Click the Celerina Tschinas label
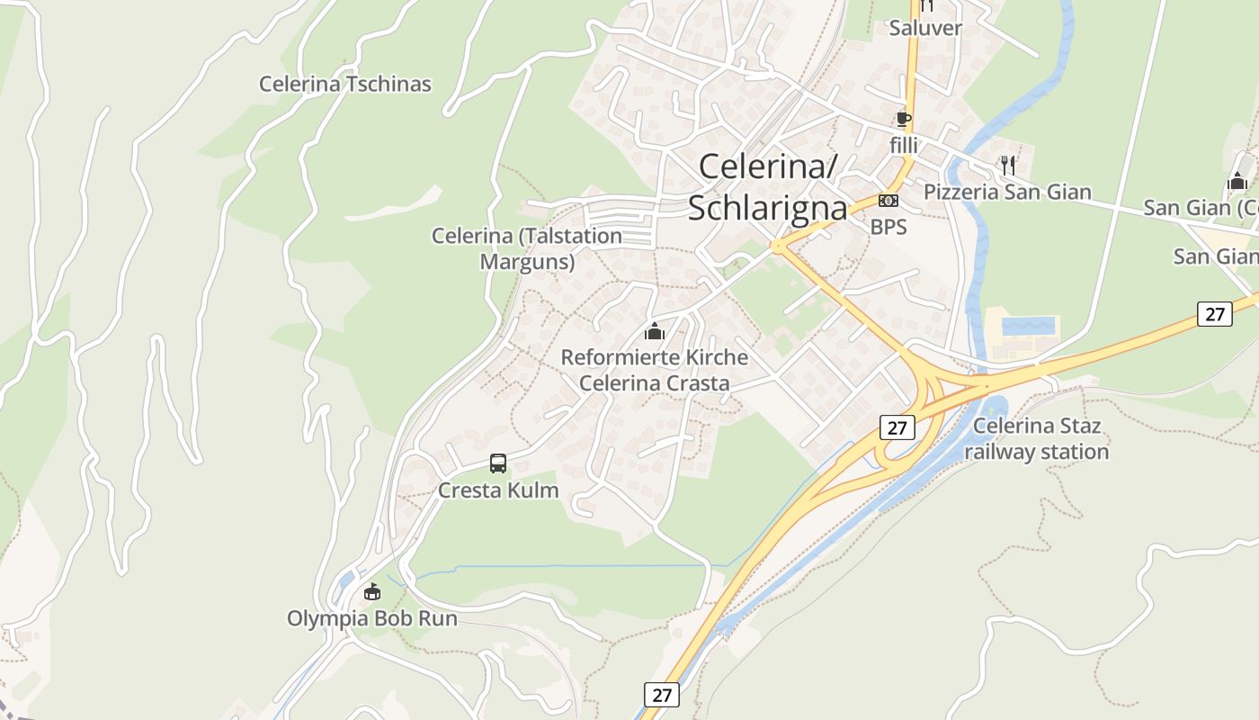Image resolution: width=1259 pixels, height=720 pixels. tap(345, 85)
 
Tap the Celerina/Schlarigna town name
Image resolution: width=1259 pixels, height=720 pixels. tap(768, 187)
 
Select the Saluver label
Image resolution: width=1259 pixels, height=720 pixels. tap(925, 28)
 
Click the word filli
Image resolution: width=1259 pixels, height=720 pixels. tap(904, 144)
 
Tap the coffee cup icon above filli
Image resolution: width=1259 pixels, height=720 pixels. tap(904, 120)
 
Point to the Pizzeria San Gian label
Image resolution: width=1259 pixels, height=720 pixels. tap(1007, 192)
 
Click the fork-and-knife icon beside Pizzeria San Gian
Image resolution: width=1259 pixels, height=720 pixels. tap(1007, 166)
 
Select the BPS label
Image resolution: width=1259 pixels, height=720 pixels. tap(888, 228)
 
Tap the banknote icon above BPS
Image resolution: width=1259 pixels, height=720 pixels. tap(888, 201)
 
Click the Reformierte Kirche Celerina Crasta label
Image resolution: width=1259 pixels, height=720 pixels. tap(655, 370)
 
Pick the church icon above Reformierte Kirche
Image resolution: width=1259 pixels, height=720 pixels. tap(655, 331)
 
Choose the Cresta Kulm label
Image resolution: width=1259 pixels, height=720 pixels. tap(498, 490)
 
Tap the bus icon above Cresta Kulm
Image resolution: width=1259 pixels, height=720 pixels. tap(498, 463)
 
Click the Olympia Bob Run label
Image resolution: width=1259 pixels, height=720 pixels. tap(372, 619)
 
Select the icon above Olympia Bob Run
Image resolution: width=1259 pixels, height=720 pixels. tap(372, 591)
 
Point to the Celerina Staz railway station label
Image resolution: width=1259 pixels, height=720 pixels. tap(1037, 438)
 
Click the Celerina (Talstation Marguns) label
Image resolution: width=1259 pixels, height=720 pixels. tap(527, 248)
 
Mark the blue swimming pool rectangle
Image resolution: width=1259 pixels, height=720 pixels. tap(1030, 326)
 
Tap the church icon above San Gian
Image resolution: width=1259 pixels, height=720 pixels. tap(1237, 181)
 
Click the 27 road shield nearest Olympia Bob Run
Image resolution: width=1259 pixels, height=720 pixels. tap(662, 695)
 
